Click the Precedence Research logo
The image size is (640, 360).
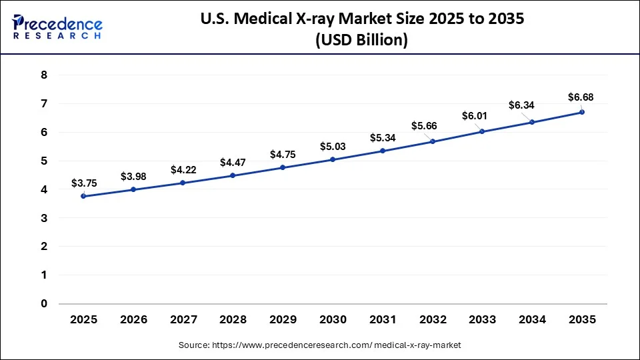[57, 27]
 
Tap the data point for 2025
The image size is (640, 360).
[83, 196]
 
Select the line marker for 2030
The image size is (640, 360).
[333, 159]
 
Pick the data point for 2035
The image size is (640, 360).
[582, 112]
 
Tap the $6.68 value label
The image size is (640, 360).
[581, 97]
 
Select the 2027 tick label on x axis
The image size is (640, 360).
[183, 320]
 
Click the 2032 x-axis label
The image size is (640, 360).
[433, 320]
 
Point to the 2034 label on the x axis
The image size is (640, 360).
[532, 320]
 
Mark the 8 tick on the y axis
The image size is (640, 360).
[44, 75]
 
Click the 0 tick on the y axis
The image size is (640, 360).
[44, 304]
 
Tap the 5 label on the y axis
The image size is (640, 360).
[44, 161]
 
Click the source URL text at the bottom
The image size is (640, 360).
[320, 345]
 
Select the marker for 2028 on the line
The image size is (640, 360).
[233, 175]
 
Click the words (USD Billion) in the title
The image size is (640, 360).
[360, 40]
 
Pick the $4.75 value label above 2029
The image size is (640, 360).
[283, 154]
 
